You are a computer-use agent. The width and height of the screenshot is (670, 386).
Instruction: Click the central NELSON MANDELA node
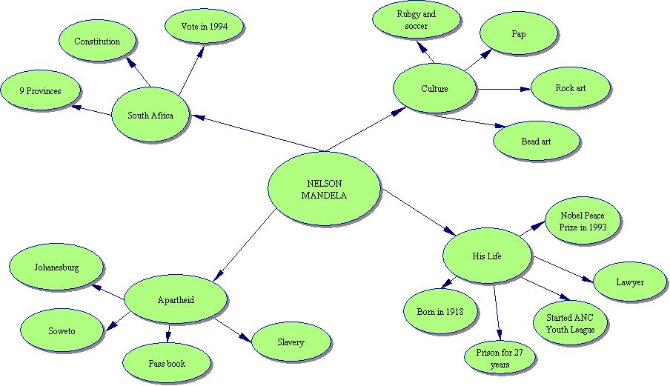coord(324,190)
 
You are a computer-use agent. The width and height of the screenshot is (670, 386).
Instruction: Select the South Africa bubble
coord(150,116)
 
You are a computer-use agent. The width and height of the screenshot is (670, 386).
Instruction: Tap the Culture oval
coord(434,89)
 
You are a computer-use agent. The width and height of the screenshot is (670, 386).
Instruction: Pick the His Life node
coord(487,256)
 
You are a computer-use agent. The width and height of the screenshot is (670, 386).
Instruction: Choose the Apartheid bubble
coord(175,300)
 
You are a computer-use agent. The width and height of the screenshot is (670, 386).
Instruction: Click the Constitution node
coord(96,41)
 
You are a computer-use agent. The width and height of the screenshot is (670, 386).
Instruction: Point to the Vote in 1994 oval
coord(204,27)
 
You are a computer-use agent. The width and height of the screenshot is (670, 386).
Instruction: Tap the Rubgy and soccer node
coord(416,20)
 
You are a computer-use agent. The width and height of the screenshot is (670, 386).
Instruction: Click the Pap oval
coord(518,33)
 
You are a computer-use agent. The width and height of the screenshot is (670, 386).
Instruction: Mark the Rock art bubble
coord(570,88)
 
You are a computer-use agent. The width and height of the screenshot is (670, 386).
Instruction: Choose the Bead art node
coord(536,141)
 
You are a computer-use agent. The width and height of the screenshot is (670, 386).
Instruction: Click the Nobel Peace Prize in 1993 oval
coord(583,222)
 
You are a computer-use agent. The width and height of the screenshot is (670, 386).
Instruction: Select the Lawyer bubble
coord(630,282)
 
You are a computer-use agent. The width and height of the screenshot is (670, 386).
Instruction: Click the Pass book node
coord(165,364)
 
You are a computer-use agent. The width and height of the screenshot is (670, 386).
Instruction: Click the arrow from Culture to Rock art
coord(504,89)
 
